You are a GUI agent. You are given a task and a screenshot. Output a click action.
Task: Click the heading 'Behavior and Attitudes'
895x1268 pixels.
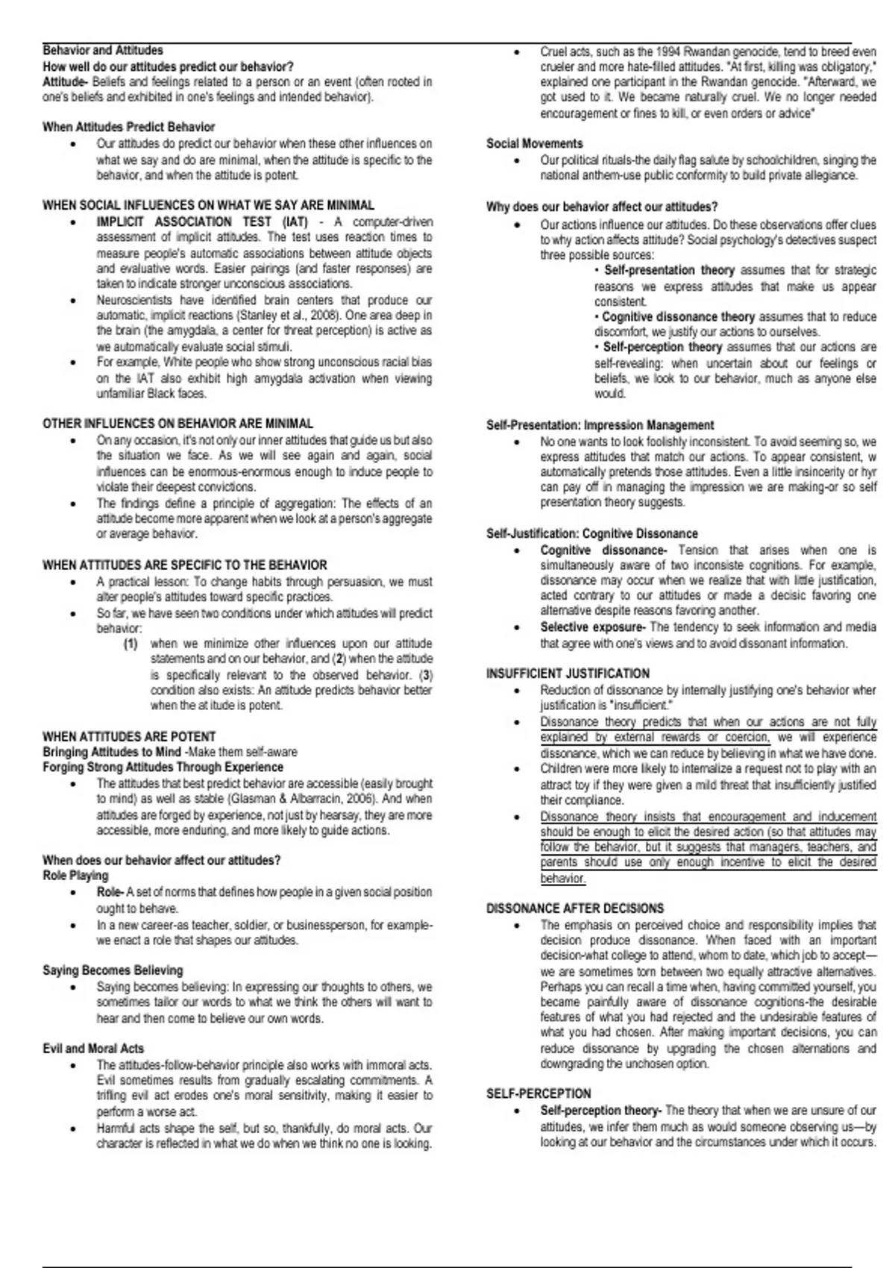(x=103, y=51)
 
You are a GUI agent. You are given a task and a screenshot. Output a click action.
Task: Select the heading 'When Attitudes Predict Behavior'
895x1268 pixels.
(x=128, y=128)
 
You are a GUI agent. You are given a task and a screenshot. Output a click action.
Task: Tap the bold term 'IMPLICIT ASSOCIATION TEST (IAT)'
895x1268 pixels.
(x=201, y=222)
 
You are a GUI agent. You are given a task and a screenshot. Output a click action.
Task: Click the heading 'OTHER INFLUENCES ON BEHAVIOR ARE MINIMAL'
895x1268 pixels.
(x=178, y=424)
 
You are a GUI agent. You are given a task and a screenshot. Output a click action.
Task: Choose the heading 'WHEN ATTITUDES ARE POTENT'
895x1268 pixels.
(x=129, y=736)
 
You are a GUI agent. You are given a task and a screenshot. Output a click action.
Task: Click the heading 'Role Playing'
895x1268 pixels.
(x=75, y=876)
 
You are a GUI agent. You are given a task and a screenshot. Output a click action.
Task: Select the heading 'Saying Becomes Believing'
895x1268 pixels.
(x=113, y=970)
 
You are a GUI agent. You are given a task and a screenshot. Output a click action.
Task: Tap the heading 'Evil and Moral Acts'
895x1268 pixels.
(x=93, y=1049)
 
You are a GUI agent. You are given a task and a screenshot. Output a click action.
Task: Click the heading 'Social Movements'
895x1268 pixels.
(x=535, y=144)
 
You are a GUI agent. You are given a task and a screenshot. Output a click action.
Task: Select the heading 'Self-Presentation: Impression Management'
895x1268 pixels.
(x=600, y=425)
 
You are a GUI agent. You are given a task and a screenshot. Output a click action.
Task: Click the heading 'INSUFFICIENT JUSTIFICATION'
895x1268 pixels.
(x=568, y=673)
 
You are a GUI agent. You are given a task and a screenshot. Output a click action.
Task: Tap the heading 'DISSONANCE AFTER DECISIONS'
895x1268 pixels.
(x=575, y=908)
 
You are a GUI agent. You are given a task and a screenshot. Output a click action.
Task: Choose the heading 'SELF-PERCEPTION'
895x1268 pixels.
(x=538, y=1093)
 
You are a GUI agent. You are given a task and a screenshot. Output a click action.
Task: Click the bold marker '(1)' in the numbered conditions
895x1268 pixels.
(x=131, y=644)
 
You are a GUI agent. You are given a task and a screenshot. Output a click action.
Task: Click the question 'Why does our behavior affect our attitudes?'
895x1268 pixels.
(x=602, y=207)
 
